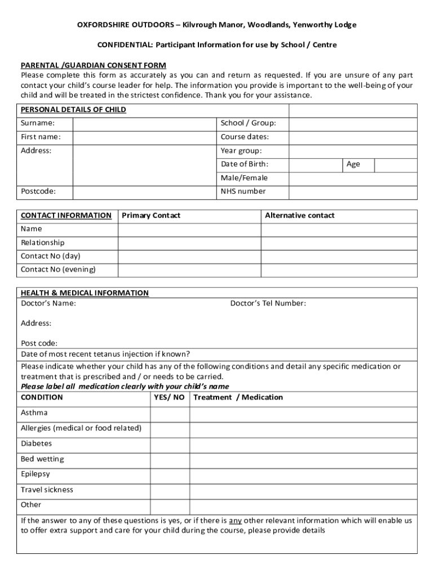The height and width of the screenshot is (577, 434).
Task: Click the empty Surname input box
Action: tap(145, 123)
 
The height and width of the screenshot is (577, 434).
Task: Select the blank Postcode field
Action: tap(145, 192)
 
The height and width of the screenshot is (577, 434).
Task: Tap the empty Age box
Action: tap(395, 165)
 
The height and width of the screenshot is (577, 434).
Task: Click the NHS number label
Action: tap(243, 192)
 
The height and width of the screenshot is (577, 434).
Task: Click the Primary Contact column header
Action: tap(151, 216)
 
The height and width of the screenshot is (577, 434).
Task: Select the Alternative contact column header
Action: tap(299, 216)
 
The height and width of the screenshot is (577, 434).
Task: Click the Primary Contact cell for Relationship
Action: tap(189, 243)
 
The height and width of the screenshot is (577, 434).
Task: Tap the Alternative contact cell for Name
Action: tap(339, 229)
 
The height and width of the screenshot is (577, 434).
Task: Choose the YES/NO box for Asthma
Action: tap(170, 414)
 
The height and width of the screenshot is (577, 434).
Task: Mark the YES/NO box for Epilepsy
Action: tap(170, 475)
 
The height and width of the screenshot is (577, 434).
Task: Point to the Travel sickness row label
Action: tap(47, 490)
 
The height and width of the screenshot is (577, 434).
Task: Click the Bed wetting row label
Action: tap(42, 459)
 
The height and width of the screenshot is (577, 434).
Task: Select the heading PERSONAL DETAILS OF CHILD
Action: tap(73, 110)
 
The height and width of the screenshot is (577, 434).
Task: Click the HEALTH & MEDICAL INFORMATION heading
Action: tap(85, 293)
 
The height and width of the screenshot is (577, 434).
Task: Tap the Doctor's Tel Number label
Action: tap(268, 304)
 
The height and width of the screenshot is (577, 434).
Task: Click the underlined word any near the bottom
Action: tap(235, 521)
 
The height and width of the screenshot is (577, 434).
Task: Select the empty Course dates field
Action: tap(353, 137)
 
